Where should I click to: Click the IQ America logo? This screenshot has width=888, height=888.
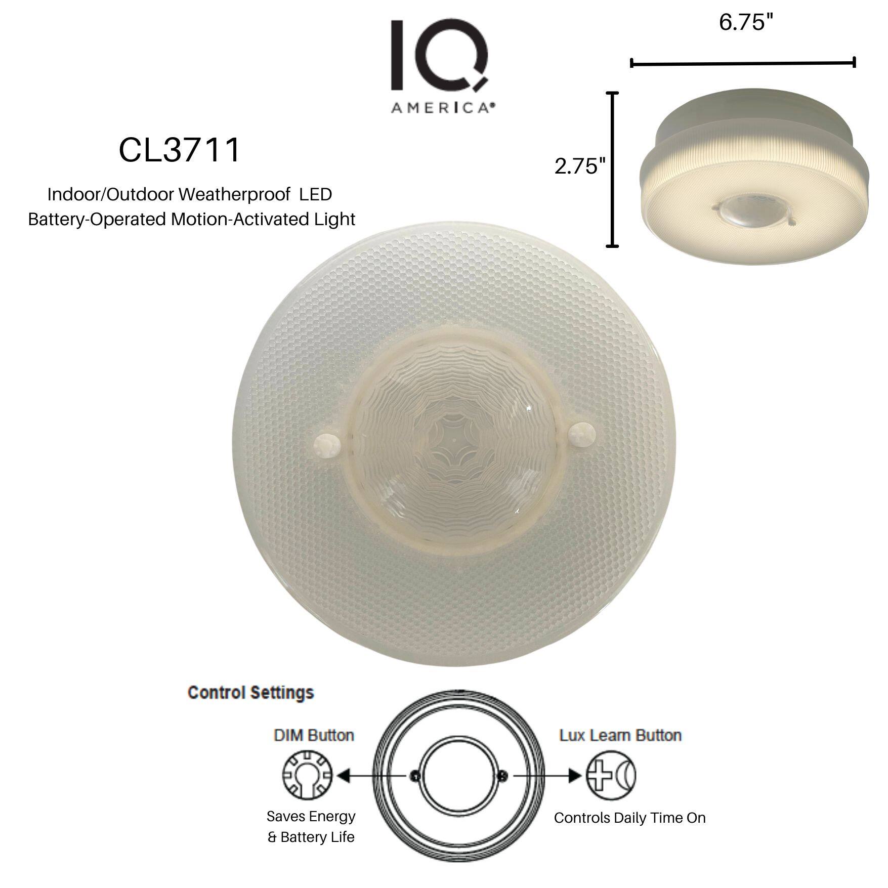(x=440, y=66)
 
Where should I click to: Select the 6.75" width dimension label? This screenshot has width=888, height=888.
(x=746, y=23)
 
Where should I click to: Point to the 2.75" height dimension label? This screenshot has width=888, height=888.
(x=579, y=166)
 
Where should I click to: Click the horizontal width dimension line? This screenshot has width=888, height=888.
(x=743, y=63)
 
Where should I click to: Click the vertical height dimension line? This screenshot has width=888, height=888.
(x=612, y=170)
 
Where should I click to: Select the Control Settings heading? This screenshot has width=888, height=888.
(x=250, y=693)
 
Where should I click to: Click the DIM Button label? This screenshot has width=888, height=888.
(x=314, y=735)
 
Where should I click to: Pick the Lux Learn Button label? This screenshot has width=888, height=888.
(x=620, y=735)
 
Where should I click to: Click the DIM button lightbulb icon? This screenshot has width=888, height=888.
(x=307, y=775)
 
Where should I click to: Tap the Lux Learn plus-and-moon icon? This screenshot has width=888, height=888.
(x=611, y=775)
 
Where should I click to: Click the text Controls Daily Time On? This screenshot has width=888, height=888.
(x=629, y=818)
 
